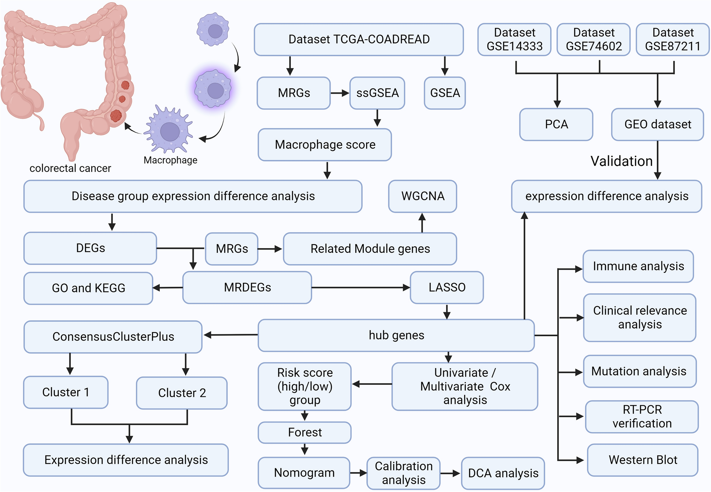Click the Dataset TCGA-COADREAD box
[359, 39]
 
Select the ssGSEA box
[377, 93]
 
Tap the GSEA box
[445, 93]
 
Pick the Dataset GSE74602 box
[593, 39]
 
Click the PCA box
[556, 124]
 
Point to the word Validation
[621, 161]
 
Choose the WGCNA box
[422, 196]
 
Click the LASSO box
[447, 287]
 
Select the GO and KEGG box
[88, 288]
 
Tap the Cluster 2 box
[182, 393]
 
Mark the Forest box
[304, 432]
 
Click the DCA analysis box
[503, 473]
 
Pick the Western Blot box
[643, 460]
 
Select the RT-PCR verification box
[642, 417]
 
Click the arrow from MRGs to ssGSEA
[340, 93]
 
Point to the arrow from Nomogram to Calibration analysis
[358, 473]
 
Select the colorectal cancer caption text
[70, 168]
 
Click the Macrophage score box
[325, 145]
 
